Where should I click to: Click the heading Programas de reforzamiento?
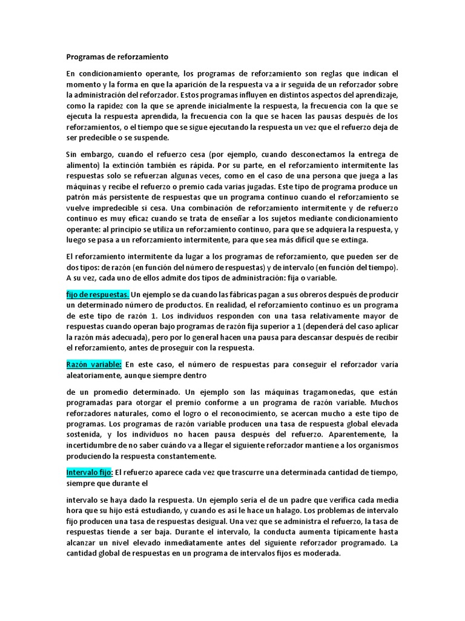pos(117,56)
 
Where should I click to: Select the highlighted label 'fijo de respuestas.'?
pos(97,294)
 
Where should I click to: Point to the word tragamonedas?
pos(337,391)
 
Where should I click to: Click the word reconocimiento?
pos(225,413)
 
